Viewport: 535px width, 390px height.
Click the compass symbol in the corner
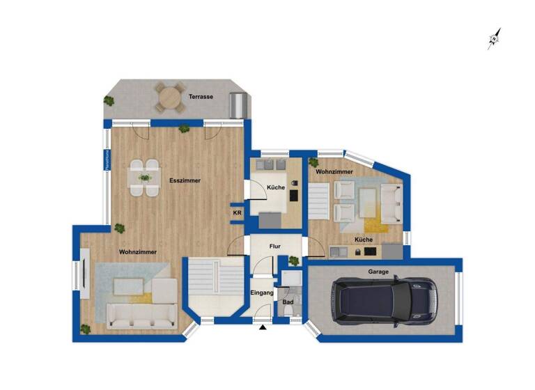pyautogui.click(x=495, y=38)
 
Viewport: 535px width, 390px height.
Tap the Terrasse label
pyautogui.click(x=201, y=97)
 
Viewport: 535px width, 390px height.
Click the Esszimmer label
pyautogui.click(x=185, y=180)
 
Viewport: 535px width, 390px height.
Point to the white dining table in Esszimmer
pyautogui.click(x=145, y=178)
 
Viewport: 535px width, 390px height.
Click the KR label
pyautogui.click(x=237, y=212)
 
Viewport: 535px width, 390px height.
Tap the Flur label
pyautogui.click(x=276, y=246)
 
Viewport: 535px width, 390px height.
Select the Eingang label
pyautogui.click(x=262, y=293)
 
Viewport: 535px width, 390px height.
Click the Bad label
pyautogui.click(x=287, y=302)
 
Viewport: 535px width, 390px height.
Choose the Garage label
pyautogui.click(x=379, y=272)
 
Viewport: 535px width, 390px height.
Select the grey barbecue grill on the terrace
pyautogui.click(x=238, y=105)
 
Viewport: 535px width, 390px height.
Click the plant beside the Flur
pyautogui.click(x=294, y=261)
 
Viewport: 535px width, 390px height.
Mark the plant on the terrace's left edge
pyautogui.click(x=109, y=101)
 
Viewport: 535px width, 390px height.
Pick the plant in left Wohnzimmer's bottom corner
pyautogui.click(x=86, y=329)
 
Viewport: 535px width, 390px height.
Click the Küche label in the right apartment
pyautogui.click(x=363, y=240)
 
